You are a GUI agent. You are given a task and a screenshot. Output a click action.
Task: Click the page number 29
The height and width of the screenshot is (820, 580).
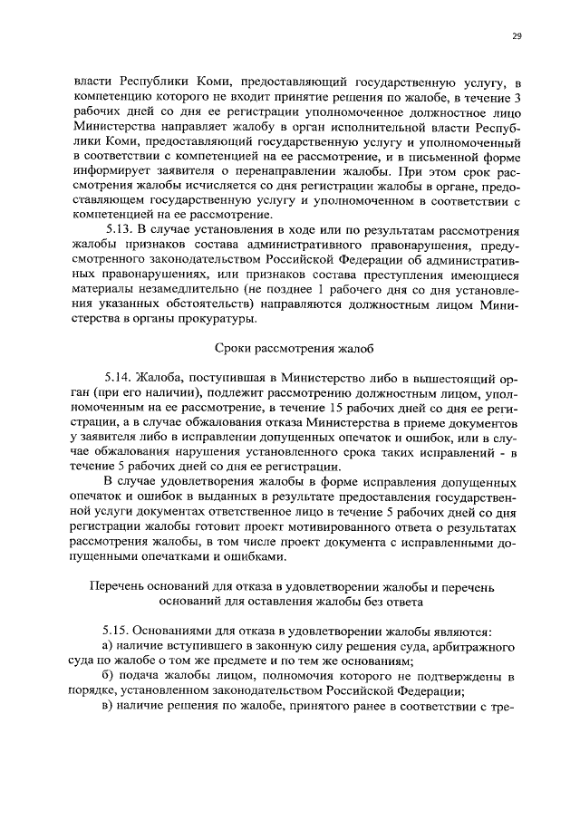pos(516,35)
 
